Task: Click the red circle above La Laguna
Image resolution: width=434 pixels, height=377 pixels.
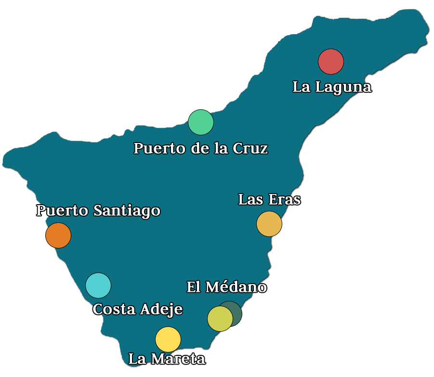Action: pyautogui.click(x=331, y=62)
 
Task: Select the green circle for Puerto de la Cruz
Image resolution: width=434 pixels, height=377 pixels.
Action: pyautogui.click(x=201, y=122)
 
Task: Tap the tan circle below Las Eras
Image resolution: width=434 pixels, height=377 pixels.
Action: pyautogui.click(x=269, y=224)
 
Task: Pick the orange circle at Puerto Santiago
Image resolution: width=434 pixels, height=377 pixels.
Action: pyautogui.click(x=58, y=235)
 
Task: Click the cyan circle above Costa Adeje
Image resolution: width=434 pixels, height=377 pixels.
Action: pyautogui.click(x=98, y=285)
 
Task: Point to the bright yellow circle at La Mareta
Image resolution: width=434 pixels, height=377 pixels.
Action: pyautogui.click(x=168, y=339)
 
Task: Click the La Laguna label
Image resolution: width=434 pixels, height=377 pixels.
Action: pyautogui.click(x=332, y=87)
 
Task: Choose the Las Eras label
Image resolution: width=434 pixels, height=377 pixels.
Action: pyautogui.click(x=269, y=199)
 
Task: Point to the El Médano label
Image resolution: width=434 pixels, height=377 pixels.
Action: pyautogui.click(x=226, y=287)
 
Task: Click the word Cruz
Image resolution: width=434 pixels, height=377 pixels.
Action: pyautogui.click(x=250, y=148)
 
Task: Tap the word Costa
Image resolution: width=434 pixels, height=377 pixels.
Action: pyautogui.click(x=114, y=309)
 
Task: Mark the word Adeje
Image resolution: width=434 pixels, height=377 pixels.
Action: pyautogui.click(x=161, y=309)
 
